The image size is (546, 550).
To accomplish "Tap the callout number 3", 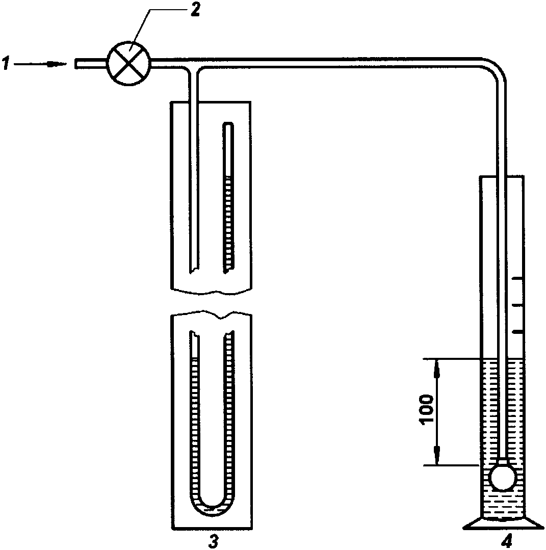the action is [x=214, y=540].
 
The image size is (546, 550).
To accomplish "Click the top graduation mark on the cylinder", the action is [x=517, y=279].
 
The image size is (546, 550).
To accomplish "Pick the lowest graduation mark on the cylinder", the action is [x=517, y=332].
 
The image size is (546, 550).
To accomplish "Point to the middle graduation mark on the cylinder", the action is [x=517, y=305].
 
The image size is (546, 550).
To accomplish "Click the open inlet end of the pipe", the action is [x=76, y=63].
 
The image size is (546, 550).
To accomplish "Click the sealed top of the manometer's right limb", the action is [x=229, y=124].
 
